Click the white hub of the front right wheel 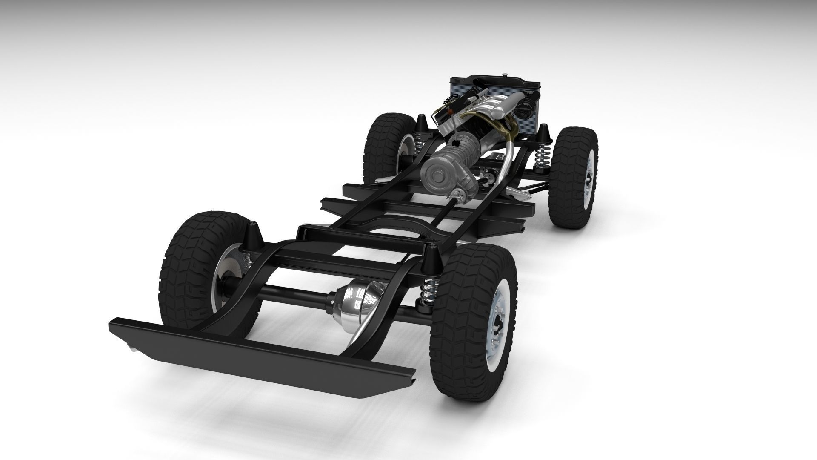coord(589,184)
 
